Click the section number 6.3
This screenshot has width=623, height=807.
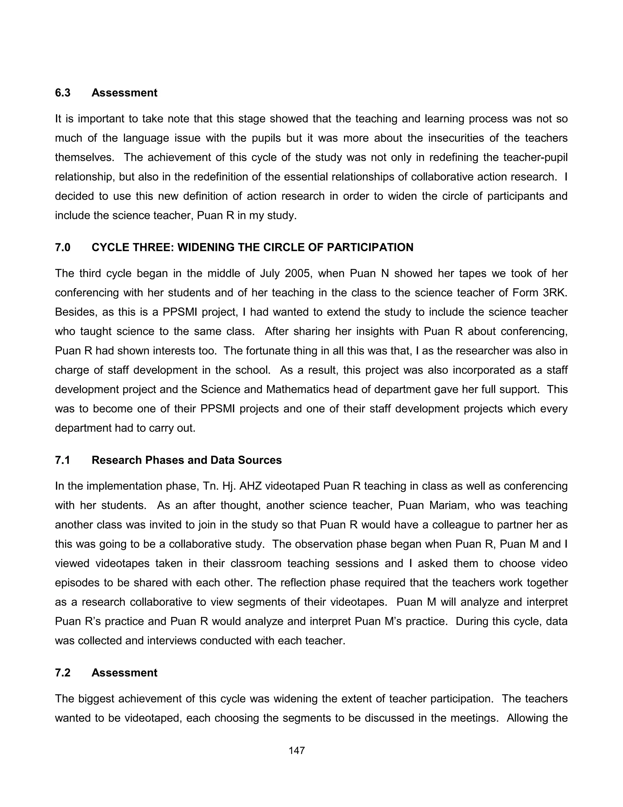pos(62,93)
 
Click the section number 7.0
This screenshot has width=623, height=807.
pos(62,247)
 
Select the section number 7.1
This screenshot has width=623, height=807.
pos(62,460)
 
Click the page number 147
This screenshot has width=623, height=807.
pos(296,750)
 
